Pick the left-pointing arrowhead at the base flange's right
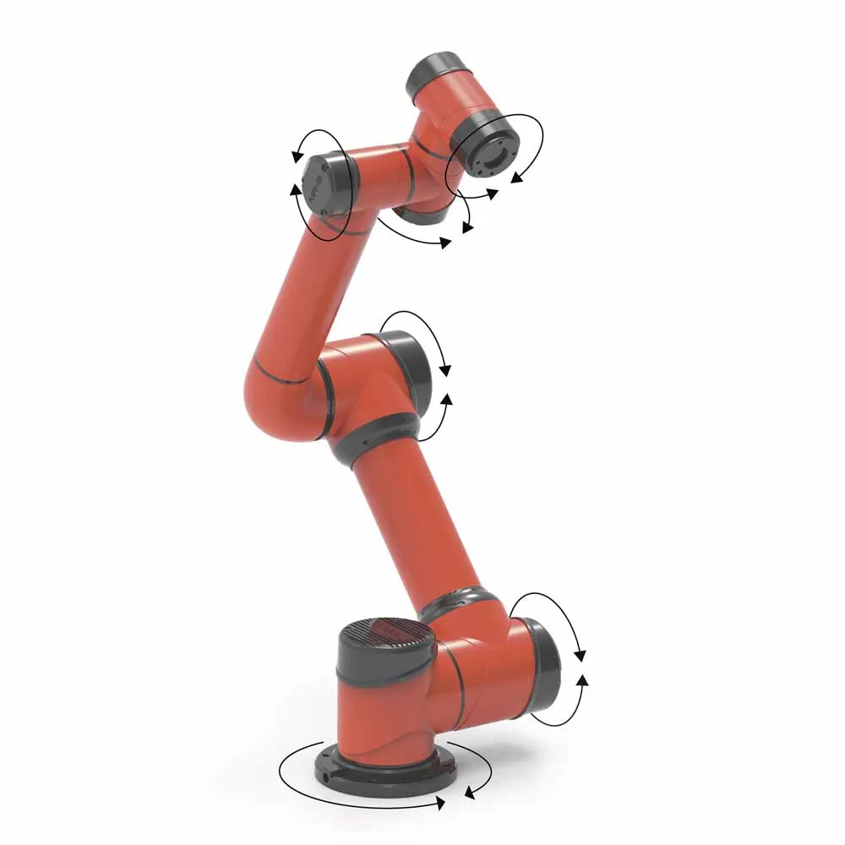pos(470,793)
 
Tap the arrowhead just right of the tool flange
pos(517,177)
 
